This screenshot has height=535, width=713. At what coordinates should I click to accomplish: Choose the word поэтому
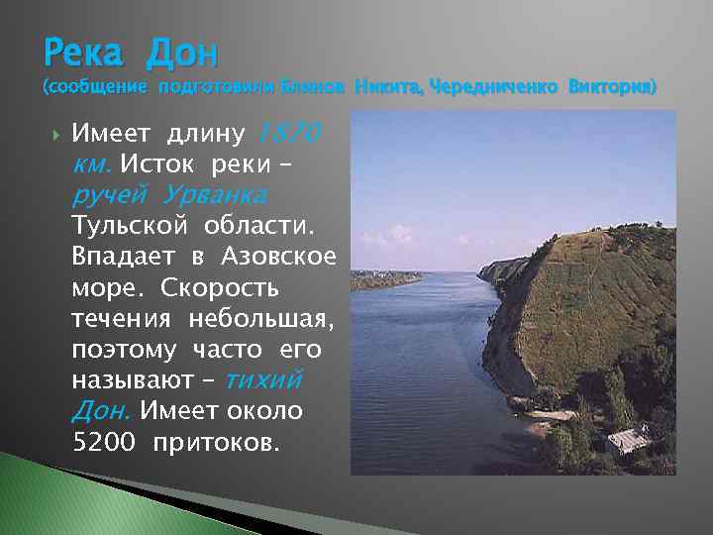point(125,352)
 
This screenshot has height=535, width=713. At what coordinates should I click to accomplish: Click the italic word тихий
point(263,380)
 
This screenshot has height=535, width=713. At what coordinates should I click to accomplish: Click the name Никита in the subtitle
point(385,87)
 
